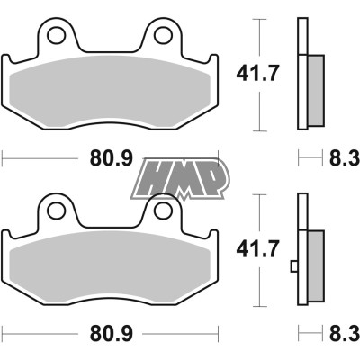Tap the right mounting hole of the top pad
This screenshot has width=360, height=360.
coord(163,36)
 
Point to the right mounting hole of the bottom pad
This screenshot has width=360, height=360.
coord(163,210)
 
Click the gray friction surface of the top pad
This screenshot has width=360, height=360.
coord(112,94)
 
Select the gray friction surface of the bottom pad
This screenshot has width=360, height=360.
coord(112,268)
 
